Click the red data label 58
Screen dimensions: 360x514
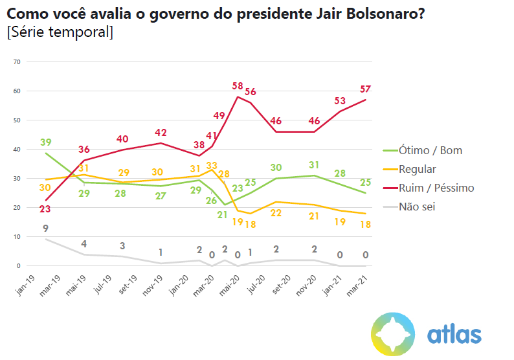click(x=238, y=86)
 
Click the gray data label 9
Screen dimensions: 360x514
click(x=46, y=228)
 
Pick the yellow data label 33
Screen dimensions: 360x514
click(x=212, y=166)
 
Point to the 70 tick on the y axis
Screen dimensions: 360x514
click(x=17, y=62)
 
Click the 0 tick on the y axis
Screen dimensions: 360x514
click(x=19, y=266)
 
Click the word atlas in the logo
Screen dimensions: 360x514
click(x=454, y=334)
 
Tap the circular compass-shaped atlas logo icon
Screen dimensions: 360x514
click(x=393, y=333)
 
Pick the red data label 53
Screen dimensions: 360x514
click(x=341, y=101)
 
